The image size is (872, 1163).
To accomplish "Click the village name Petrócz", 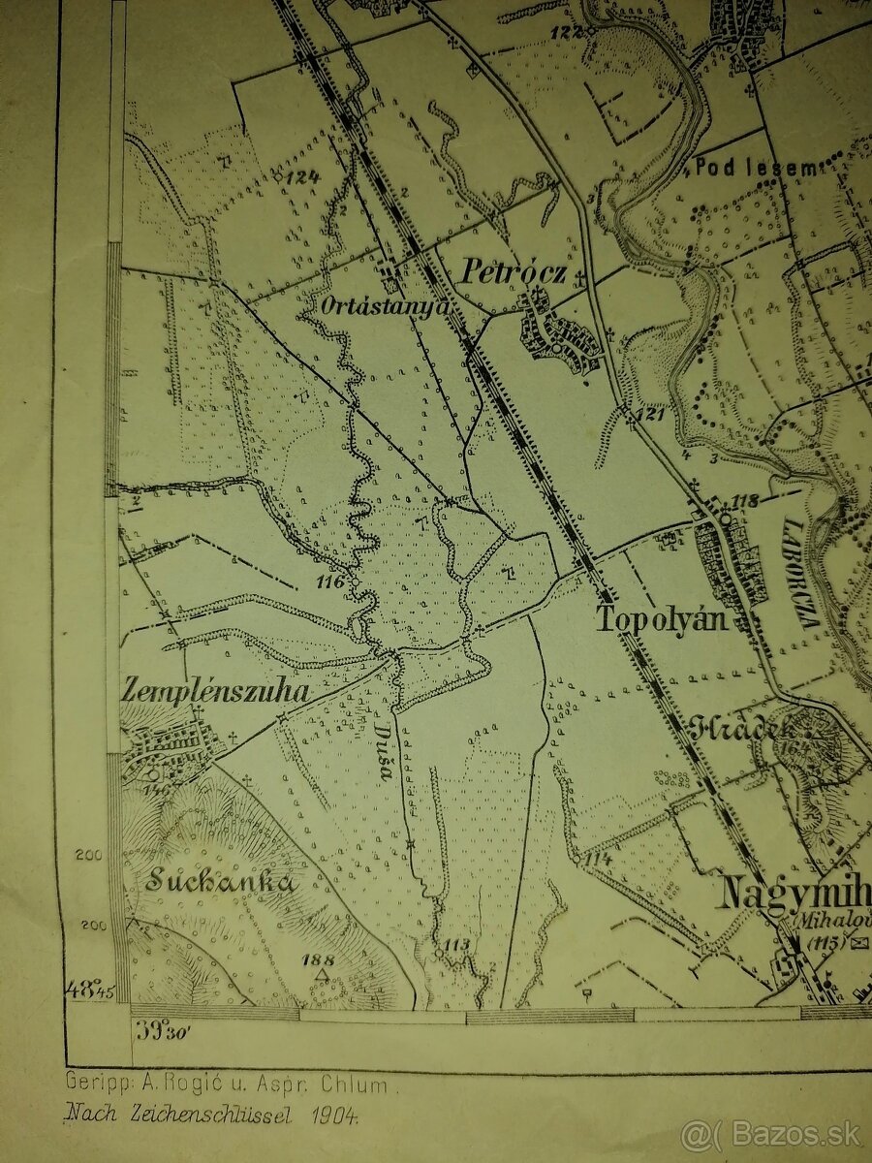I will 513,271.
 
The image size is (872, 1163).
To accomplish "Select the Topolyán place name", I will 662,620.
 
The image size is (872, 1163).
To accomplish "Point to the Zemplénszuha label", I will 215,691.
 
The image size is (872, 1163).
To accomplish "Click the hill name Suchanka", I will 221,882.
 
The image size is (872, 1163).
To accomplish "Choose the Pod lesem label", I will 755,168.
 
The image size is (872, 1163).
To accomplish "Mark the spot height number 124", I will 302,176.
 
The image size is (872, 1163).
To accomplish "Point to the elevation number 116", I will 329,582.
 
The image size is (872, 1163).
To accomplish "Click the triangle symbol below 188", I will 321,973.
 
